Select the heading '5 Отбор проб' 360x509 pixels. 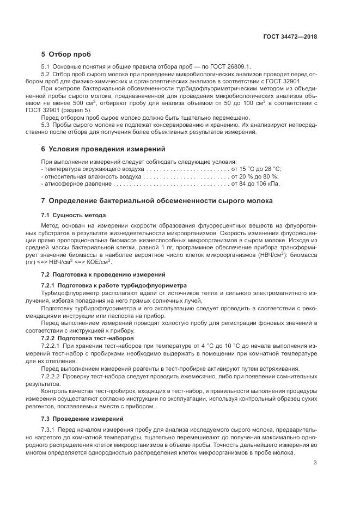pyautogui.click(x=66, y=54)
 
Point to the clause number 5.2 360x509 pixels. pyautogui.click(x=46, y=73)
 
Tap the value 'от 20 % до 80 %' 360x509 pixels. pyautogui.click(x=256, y=176)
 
